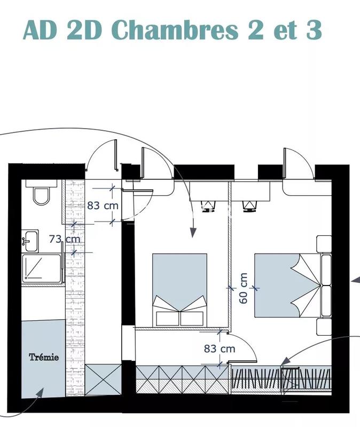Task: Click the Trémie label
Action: point(44,357)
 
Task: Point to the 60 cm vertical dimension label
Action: point(244,288)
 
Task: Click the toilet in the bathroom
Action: point(41,194)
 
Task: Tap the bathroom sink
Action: point(30,240)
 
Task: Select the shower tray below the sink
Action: point(42,268)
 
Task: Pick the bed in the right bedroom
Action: point(288,286)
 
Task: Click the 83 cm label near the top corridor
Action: point(102,205)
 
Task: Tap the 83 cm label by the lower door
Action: point(220,349)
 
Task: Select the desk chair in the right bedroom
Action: point(249,206)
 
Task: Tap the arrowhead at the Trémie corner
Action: point(40,393)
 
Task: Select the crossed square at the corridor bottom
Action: point(104,379)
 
